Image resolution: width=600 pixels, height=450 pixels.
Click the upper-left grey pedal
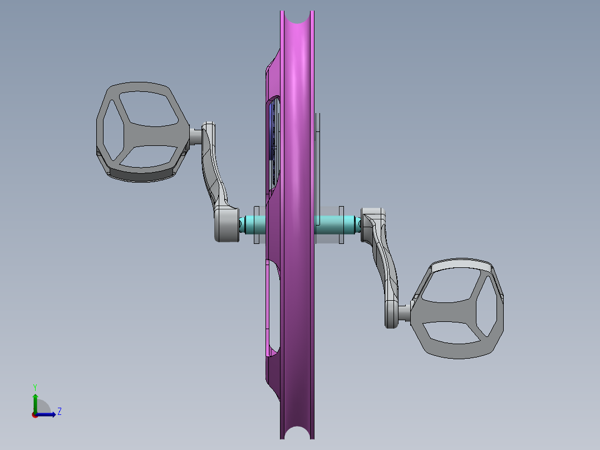142,132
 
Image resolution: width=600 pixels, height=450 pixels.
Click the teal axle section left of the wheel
253,224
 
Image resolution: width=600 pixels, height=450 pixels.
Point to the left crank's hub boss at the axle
226,224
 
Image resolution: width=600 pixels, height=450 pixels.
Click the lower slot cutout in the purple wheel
272,306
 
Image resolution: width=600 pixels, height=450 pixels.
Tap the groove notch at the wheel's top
298,17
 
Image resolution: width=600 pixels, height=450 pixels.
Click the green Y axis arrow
35,400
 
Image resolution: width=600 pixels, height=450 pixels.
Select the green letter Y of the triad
35,387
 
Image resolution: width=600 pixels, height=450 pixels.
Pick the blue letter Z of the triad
59,412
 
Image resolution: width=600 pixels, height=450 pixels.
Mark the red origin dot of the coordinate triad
35,414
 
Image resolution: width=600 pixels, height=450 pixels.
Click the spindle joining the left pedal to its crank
195,135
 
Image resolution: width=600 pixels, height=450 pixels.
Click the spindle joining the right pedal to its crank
405,313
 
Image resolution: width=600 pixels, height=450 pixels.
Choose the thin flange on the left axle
257,224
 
